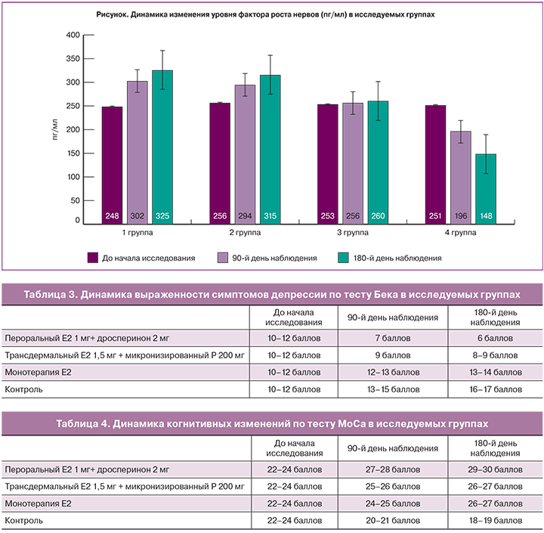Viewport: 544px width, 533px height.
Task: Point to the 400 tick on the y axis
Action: [x=73, y=35]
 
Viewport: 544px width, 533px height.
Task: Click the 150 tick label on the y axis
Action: [x=73, y=153]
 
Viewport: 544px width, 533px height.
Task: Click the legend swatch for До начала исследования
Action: [x=94, y=258]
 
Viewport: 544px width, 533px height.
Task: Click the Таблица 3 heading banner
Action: [x=271, y=294]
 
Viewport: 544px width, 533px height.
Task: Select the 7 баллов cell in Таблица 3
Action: [x=383, y=338]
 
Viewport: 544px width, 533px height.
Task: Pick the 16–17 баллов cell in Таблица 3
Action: [x=494, y=389]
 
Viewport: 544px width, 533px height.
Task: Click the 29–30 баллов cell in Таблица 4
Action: [x=494, y=469]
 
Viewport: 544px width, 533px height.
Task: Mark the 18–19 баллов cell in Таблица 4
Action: [x=494, y=520]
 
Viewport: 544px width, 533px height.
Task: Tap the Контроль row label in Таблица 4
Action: [x=24, y=520]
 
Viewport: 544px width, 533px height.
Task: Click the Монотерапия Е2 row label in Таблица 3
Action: [x=38, y=372]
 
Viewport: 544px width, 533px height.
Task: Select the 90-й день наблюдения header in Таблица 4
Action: [x=383, y=446]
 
